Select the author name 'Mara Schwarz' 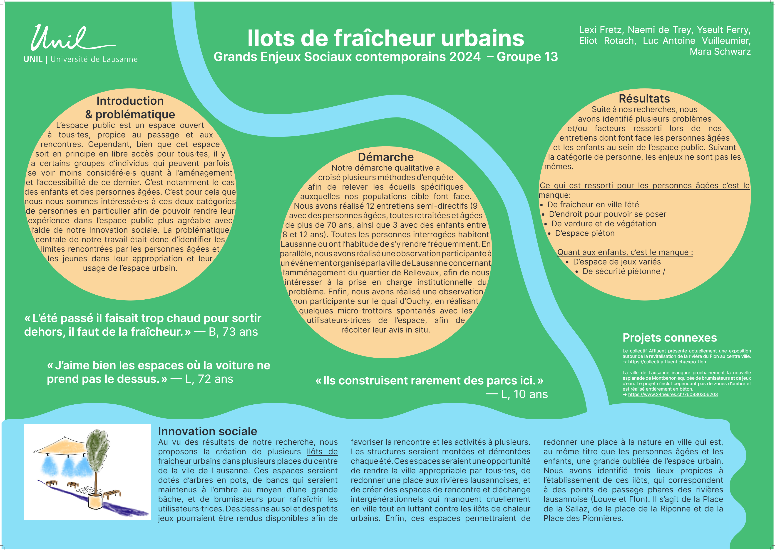(720, 51)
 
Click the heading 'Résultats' (644, 99)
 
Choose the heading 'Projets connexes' (670, 338)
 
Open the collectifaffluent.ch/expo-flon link (666, 362)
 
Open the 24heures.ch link (673, 394)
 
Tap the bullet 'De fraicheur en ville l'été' (593, 205)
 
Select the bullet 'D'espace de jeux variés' (617, 262)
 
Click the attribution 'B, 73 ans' (233, 332)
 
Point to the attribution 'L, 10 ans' (524, 394)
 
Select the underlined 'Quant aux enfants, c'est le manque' (625, 252)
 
